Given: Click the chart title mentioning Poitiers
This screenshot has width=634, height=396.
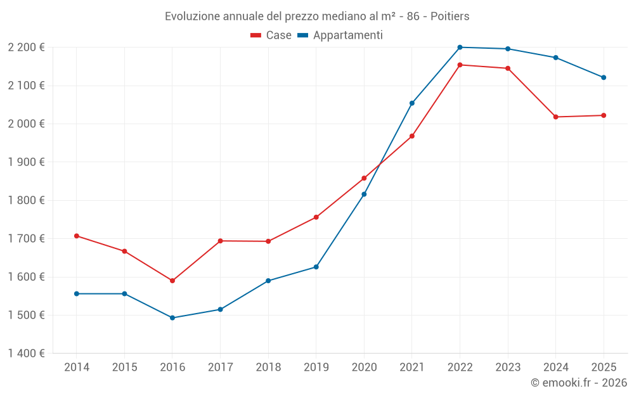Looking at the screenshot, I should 317,16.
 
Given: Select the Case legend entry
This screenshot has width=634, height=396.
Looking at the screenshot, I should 271,35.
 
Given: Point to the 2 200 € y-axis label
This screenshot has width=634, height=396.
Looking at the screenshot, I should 26,48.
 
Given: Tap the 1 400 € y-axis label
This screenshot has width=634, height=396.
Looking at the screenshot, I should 26,354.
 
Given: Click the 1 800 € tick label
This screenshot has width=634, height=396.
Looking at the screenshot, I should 26,200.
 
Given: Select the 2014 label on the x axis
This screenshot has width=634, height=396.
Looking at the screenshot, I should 77,367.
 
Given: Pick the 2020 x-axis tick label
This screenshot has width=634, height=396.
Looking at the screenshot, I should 364,367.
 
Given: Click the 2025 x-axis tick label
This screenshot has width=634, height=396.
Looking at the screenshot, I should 604,367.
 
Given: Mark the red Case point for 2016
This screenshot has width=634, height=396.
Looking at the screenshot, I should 172,281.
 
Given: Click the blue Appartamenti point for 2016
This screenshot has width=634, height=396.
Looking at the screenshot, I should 172,318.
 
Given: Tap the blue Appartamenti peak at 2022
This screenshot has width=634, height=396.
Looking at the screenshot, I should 460,48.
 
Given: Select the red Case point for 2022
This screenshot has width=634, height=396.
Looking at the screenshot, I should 460,65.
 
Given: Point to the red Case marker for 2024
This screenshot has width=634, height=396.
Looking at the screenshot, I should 555,117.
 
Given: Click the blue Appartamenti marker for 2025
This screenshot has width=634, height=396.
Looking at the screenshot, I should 604,77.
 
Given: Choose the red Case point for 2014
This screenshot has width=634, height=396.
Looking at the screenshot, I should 77,236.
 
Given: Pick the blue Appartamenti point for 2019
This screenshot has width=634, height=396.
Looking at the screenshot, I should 316,267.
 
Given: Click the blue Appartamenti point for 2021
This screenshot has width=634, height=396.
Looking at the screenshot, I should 411,103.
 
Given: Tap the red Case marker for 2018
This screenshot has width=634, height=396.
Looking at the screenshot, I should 268,241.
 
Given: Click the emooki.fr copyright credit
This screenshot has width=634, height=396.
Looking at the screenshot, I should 578,383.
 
